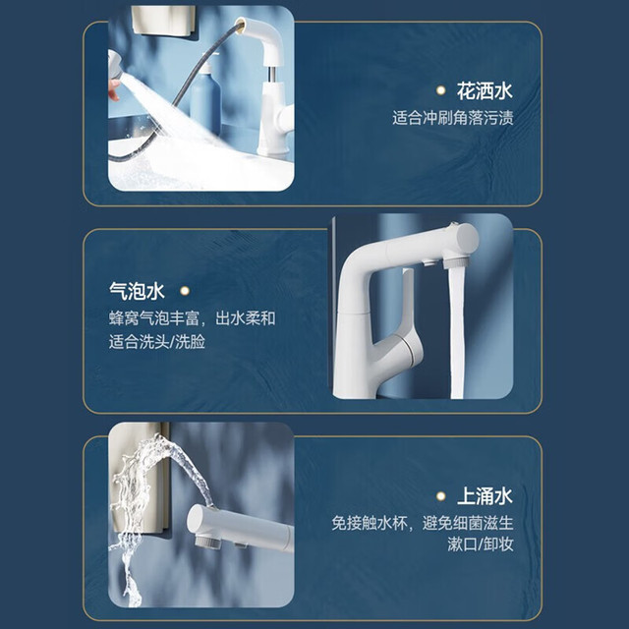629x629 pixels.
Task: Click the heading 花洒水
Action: [x=485, y=91]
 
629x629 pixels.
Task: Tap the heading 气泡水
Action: [x=137, y=291]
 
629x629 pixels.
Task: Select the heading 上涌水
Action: [x=485, y=496]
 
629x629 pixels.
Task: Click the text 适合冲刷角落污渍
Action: [x=453, y=118]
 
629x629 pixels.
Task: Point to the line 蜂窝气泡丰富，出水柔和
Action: [x=193, y=318]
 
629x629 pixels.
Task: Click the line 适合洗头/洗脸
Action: [x=157, y=342]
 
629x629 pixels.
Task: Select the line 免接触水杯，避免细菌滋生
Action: [x=423, y=523]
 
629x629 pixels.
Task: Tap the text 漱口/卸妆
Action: [x=481, y=544]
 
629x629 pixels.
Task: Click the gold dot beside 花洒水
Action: [x=440, y=90]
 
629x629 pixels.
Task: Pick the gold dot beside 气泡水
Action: [x=185, y=291]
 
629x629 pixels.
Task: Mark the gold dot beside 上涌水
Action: [x=440, y=496]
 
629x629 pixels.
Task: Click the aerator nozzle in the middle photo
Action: [x=454, y=262]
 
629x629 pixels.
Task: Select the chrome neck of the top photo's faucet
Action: [x=272, y=75]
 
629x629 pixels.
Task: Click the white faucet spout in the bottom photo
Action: [x=240, y=527]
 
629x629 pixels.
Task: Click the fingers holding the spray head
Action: [x=114, y=89]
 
